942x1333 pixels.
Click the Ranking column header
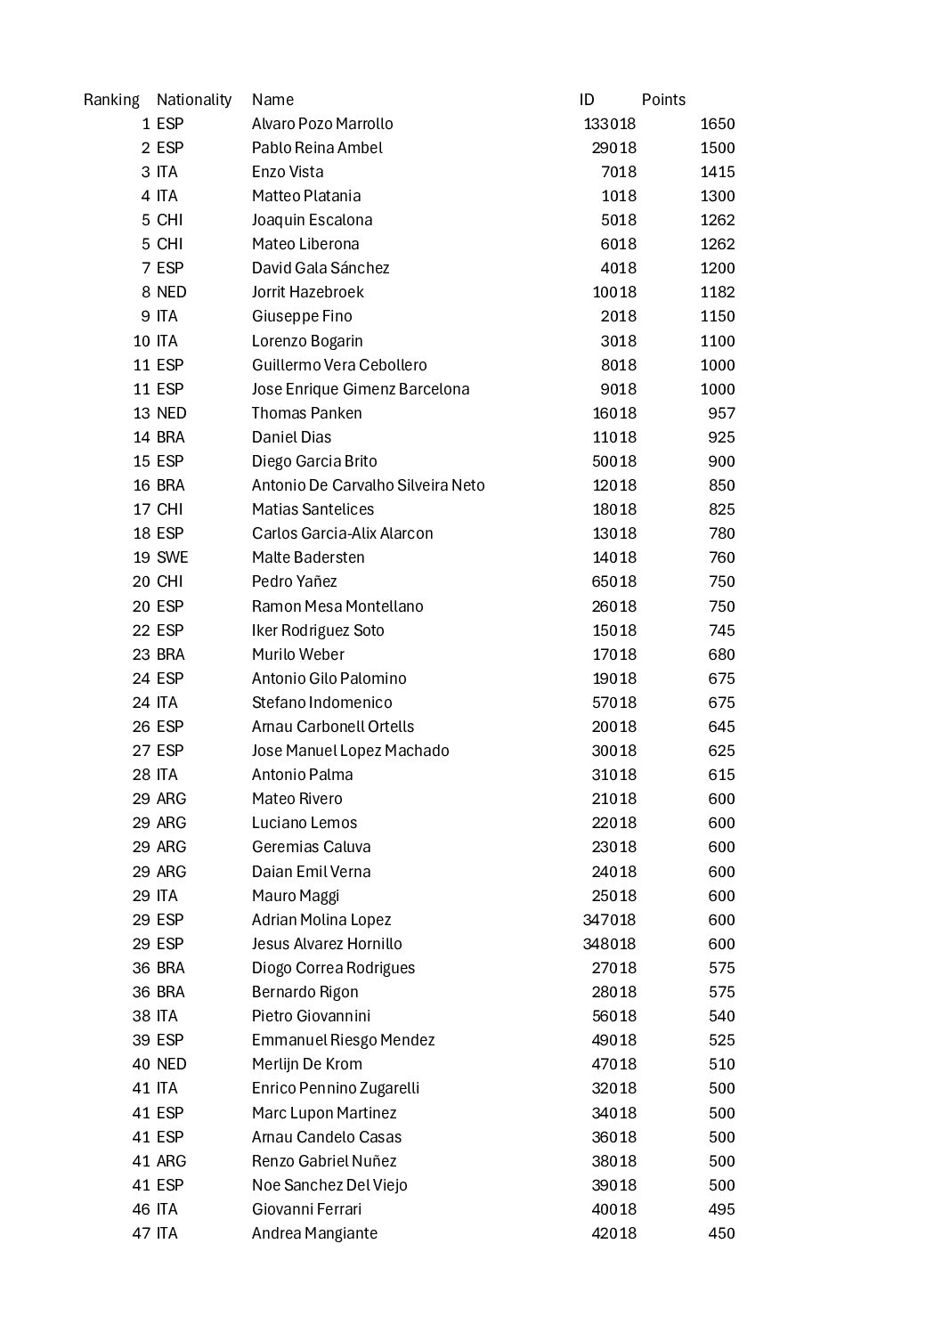(111, 100)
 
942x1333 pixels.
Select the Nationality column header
(193, 100)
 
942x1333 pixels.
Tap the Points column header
(663, 100)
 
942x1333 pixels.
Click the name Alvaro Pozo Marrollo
(321, 124)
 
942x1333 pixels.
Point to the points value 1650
(717, 124)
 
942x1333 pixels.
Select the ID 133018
(610, 124)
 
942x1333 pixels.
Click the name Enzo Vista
(287, 172)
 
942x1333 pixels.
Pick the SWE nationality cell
(172, 557)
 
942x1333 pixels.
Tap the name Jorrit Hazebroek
(307, 292)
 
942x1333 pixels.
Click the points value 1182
(717, 292)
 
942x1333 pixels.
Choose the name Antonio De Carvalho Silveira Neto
(368, 485)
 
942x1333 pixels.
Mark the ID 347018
(610, 920)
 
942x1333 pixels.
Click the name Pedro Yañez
(294, 581)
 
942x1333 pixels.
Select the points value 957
(721, 413)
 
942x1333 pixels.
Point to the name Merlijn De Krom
(306, 1064)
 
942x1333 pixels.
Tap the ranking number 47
(142, 1233)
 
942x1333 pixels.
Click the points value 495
(721, 1209)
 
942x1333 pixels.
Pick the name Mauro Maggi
(295, 896)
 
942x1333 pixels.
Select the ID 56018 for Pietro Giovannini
(614, 1016)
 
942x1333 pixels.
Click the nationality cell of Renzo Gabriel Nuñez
(171, 1161)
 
